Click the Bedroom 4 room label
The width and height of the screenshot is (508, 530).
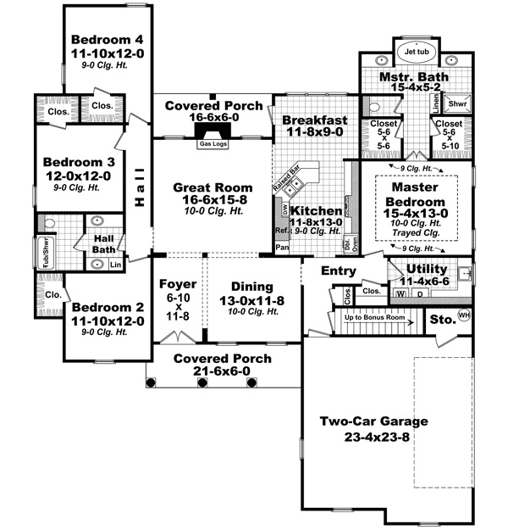(107, 40)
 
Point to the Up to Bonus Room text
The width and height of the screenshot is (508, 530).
(375, 317)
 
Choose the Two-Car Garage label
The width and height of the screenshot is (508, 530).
(373, 421)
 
